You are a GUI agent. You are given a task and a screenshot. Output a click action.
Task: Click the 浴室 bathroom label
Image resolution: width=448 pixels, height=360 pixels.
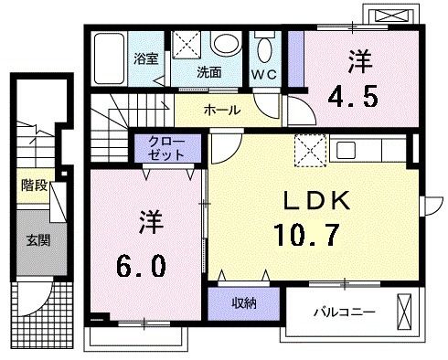tap(146, 59)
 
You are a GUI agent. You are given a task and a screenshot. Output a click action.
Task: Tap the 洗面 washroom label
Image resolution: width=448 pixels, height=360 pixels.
tap(208, 71)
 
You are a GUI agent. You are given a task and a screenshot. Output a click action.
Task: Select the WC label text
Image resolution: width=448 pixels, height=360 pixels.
tap(266, 71)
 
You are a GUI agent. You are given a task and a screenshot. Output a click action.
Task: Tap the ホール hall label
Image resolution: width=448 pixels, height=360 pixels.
tap(221, 111)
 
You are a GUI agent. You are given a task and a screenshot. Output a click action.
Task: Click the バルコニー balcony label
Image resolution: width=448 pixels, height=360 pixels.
tap(344, 312)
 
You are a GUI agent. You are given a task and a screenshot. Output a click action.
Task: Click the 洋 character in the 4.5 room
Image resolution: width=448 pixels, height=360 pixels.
tap(357, 61)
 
